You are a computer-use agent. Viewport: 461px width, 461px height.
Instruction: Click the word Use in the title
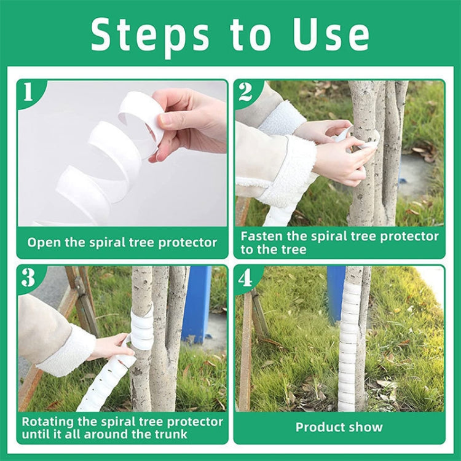(x=331, y=36)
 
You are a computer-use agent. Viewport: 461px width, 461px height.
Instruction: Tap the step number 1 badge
(x=28, y=92)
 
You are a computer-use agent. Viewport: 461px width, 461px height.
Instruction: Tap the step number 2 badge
(x=245, y=92)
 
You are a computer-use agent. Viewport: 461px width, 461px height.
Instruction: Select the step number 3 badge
(x=28, y=278)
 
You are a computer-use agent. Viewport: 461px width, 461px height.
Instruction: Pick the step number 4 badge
(x=245, y=278)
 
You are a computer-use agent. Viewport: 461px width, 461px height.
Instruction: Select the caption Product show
(x=339, y=427)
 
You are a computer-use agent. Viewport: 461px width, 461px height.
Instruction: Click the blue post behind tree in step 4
(x=336, y=292)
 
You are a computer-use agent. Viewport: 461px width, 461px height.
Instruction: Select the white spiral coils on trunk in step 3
(x=142, y=329)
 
